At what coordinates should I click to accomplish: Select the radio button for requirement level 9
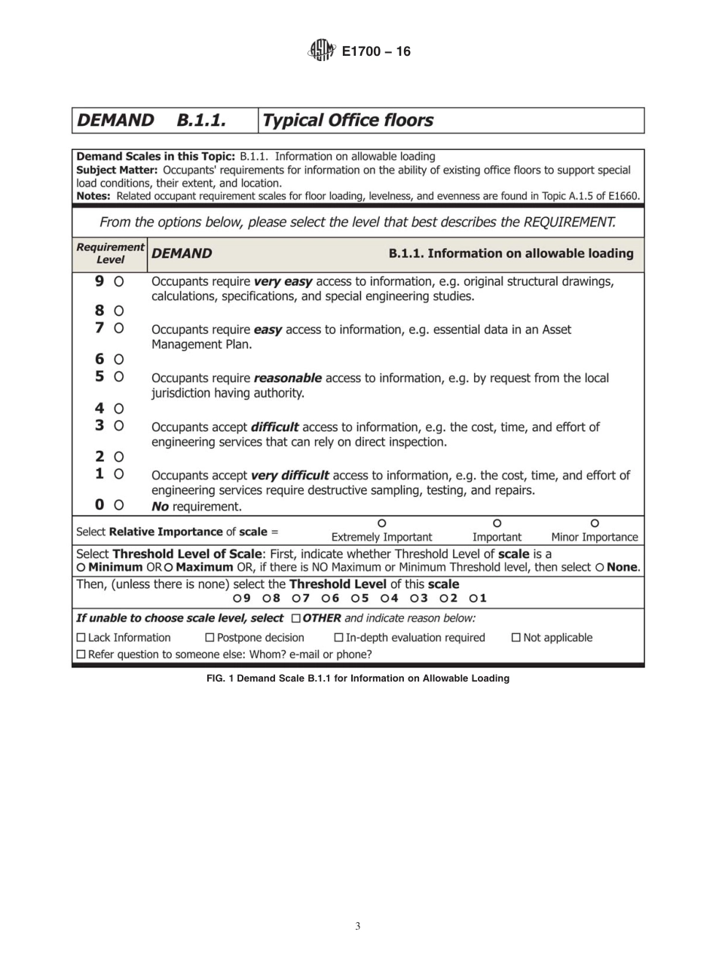point(118,281)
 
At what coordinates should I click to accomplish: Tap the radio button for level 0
point(118,505)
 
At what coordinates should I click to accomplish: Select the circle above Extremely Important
point(381,523)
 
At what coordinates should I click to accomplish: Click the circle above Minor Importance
point(595,523)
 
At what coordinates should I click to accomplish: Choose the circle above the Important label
point(497,523)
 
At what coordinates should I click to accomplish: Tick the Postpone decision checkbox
point(210,638)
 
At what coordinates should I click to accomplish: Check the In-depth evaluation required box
point(338,638)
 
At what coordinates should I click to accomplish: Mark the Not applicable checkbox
point(516,638)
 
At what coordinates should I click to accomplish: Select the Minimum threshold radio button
point(81,568)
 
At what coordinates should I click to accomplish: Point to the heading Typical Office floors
point(347,121)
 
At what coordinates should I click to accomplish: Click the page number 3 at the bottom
point(357,926)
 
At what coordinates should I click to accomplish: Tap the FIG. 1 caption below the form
point(357,679)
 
